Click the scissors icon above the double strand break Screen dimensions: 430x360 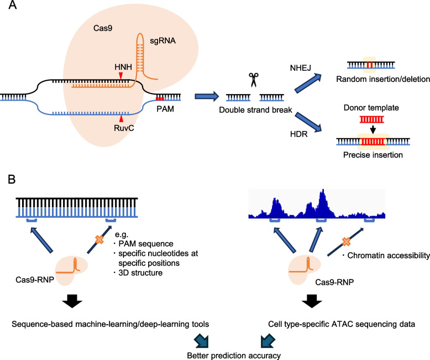pyautogui.click(x=254, y=80)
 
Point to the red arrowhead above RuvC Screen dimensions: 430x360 pyautogui.click(x=121, y=118)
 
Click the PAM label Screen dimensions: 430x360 pyautogui.click(x=165, y=109)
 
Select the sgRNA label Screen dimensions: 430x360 pyautogui.click(x=162, y=41)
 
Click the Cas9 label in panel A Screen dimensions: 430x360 pyautogui.click(x=103, y=28)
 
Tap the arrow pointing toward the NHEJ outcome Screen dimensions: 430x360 pyautogui.click(x=308, y=83)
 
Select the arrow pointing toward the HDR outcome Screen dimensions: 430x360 pyautogui.click(x=308, y=122)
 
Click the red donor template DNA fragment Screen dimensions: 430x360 pyautogui.click(x=372, y=119)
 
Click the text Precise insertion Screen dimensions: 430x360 pyautogui.click(x=373, y=155)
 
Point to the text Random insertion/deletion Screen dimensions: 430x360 pyautogui.click(x=383, y=79)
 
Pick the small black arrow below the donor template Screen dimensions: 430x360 pyautogui.click(x=373, y=129)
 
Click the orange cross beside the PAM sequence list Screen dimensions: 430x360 pyautogui.click(x=99, y=239)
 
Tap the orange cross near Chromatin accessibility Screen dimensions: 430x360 pyautogui.click(x=346, y=242)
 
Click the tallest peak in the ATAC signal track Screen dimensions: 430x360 pyautogui.click(x=323, y=190)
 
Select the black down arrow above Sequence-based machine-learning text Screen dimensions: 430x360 pyautogui.click(x=72, y=301)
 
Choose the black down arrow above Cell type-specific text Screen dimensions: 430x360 pyautogui.click(x=312, y=301)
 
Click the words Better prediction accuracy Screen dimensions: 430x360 pyautogui.click(x=234, y=356)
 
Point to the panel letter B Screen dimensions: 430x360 pyautogui.click(x=12, y=179)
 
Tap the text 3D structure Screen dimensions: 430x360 pyautogui.click(x=140, y=273)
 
